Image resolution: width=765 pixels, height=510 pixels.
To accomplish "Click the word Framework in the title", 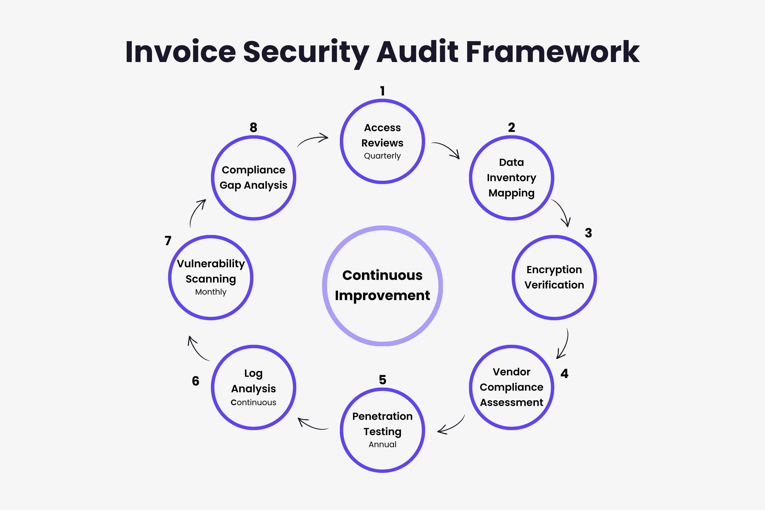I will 553,52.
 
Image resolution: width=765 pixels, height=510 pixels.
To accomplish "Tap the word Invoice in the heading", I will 181,52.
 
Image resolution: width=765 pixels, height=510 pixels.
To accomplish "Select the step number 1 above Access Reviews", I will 382,91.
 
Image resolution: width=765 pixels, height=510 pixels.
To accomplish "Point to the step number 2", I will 511,127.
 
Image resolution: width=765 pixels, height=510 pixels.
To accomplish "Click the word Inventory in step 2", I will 511,178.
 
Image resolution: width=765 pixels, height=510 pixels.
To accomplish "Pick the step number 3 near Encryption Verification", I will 588,233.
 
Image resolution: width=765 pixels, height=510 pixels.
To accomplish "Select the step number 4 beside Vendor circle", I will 564,374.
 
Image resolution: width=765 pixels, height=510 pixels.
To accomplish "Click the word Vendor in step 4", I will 511,372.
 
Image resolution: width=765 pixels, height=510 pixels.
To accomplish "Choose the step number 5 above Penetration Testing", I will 382,380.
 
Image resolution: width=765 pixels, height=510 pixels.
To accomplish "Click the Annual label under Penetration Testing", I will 382,445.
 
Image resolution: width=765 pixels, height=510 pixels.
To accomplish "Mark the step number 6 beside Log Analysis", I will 195,381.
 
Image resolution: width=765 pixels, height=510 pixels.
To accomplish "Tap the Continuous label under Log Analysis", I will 253,403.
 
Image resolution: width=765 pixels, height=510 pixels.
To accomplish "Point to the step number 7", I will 168,241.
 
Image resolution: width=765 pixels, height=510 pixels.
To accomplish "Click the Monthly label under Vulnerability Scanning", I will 211,292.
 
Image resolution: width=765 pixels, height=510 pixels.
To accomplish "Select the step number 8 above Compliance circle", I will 253,127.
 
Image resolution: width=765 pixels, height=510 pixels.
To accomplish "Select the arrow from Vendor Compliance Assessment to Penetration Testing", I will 451,426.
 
